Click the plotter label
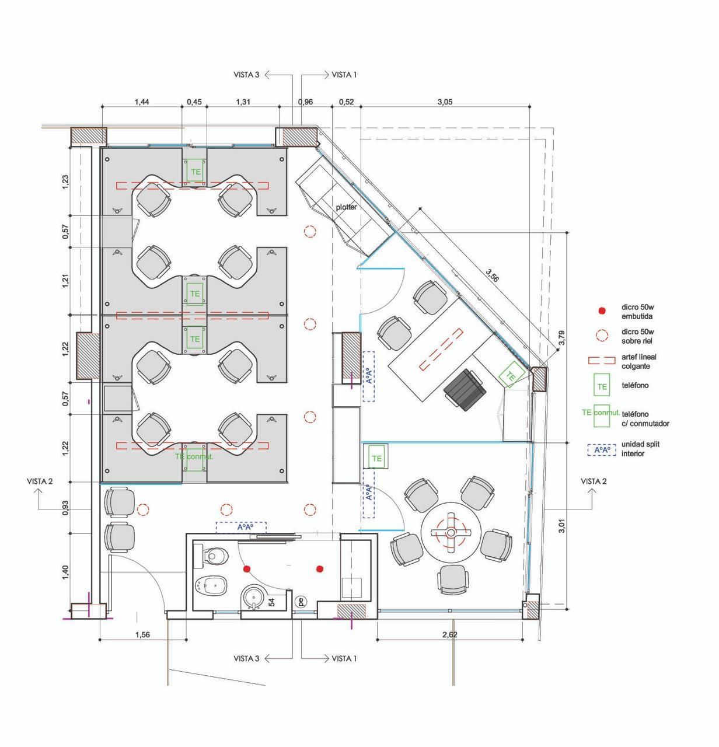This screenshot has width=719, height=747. [346, 207]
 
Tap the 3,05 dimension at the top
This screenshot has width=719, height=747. [445, 102]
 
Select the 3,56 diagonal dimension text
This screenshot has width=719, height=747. [492, 275]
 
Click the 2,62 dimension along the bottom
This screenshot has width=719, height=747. [450, 634]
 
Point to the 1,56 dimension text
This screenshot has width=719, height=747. [142, 634]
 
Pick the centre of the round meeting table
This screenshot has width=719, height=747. [451, 532]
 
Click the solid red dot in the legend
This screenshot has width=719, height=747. [602, 311]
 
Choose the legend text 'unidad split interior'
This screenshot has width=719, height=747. [640, 449]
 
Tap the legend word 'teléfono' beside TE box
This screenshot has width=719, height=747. [635, 385]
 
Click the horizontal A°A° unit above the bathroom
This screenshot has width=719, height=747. [241, 528]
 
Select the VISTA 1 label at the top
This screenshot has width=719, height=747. [344, 75]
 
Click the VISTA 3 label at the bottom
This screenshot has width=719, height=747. [246, 659]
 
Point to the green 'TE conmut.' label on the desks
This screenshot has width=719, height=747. [194, 456]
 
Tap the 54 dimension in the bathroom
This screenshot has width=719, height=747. [272, 602]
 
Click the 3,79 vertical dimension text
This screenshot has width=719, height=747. [561, 338]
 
